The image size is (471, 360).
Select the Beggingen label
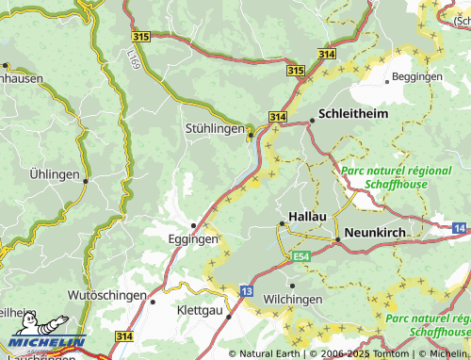[x=416, y=75]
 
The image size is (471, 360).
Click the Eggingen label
[x=193, y=239]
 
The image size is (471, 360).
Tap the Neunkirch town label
[x=374, y=231]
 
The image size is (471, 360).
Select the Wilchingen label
[x=292, y=299]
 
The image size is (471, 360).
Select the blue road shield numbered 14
[x=459, y=229]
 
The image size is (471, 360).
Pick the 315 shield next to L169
[x=140, y=36]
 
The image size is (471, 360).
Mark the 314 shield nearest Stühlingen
[x=276, y=115]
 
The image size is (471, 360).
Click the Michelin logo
[x=47, y=342]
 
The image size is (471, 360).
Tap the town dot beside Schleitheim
[x=312, y=120]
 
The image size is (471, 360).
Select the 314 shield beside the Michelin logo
[x=122, y=335]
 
